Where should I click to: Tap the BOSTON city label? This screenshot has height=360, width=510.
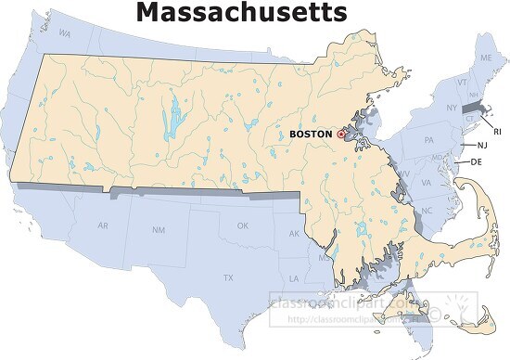pos(311,134)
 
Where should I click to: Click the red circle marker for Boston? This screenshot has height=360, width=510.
pos(340,134)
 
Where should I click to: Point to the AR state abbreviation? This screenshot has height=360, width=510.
pos(103,225)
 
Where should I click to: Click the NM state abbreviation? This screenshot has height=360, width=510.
pos(159,229)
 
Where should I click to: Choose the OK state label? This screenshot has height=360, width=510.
pos(243,225)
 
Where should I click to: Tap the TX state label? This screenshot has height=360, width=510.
pos(227,277)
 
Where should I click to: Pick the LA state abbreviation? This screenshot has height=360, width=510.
pos(294,277)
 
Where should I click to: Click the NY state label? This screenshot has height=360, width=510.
pos(453,108)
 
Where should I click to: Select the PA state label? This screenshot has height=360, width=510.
pos(428,140)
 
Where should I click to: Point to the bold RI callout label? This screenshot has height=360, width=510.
pos(497,132)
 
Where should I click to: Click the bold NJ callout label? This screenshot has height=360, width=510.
pos(482,146)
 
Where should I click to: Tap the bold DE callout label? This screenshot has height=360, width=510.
pos(476,161)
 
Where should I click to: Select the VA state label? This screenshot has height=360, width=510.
pos(426,183)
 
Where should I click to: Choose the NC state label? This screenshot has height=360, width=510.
pos(427,211)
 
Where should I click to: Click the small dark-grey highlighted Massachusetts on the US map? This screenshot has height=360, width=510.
pos(472,109)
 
